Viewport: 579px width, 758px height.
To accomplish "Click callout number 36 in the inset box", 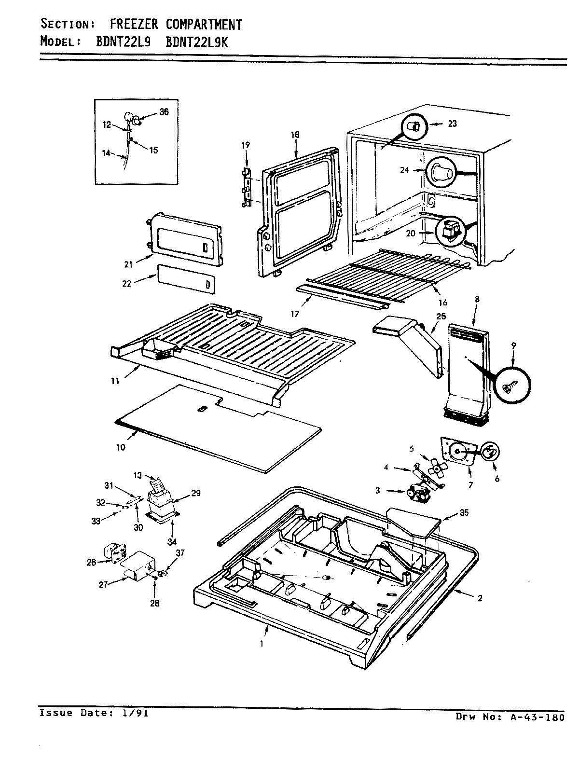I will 164,112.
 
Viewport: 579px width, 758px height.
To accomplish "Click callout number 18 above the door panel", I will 295,135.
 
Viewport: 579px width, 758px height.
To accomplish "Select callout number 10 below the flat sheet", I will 120,447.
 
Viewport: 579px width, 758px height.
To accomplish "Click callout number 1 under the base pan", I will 262,644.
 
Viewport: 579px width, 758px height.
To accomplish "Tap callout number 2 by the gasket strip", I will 480,599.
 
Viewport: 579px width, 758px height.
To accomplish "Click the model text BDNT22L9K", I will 196,42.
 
